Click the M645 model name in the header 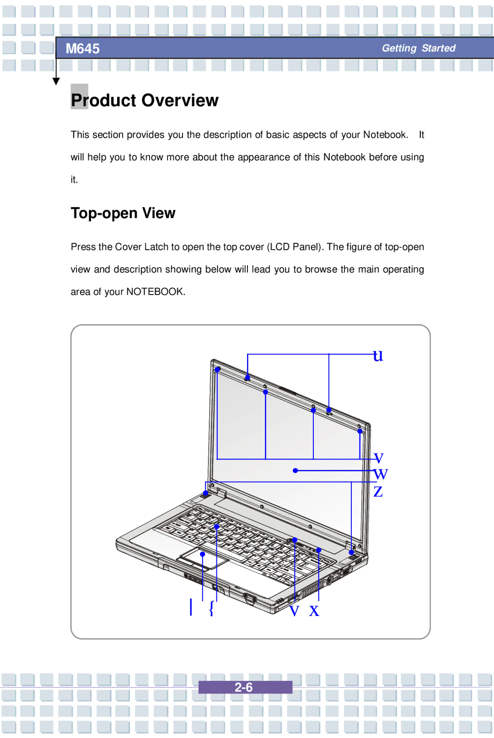coord(82,48)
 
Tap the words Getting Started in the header coord(419,48)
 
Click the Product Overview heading coord(145,100)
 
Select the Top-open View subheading coord(123,213)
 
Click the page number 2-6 coord(244,687)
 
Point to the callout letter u coord(378,356)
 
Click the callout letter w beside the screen coord(381,474)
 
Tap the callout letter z coord(378,492)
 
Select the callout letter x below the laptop coord(314,610)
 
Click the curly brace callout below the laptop coord(211,608)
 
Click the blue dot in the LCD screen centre coord(295,471)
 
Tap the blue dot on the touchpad coord(202,554)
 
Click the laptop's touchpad coord(204,559)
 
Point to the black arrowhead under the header coord(56,81)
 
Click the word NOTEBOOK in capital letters coord(155,292)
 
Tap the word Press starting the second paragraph coord(84,247)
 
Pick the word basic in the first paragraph coord(278,135)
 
